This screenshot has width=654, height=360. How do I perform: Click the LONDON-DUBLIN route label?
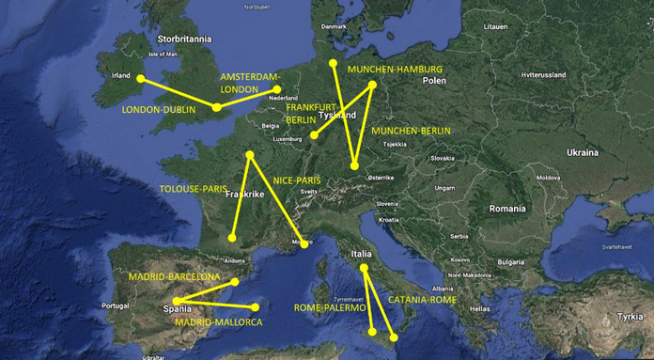pyautogui.click(x=158, y=110)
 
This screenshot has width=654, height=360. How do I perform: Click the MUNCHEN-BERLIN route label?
pyautogui.click(x=411, y=131)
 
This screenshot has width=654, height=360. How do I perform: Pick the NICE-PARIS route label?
pyautogui.click(x=297, y=179)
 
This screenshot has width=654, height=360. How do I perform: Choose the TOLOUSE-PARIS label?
pyautogui.click(x=195, y=188)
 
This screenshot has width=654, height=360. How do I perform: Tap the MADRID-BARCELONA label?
pyautogui.click(x=175, y=277)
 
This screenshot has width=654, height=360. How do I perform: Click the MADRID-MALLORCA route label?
pyautogui.click(x=218, y=322)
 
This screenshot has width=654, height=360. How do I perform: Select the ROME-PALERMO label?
pyautogui.click(x=329, y=307)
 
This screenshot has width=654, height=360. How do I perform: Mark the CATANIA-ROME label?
pyautogui.click(x=422, y=300)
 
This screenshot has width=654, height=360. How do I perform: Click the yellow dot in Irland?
pyautogui.click(x=142, y=79)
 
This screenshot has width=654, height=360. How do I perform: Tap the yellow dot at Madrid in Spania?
pyautogui.click(x=176, y=300)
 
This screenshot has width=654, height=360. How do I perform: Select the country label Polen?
pyautogui.click(x=434, y=81)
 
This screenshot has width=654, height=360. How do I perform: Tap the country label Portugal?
pyautogui.click(x=114, y=306)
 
